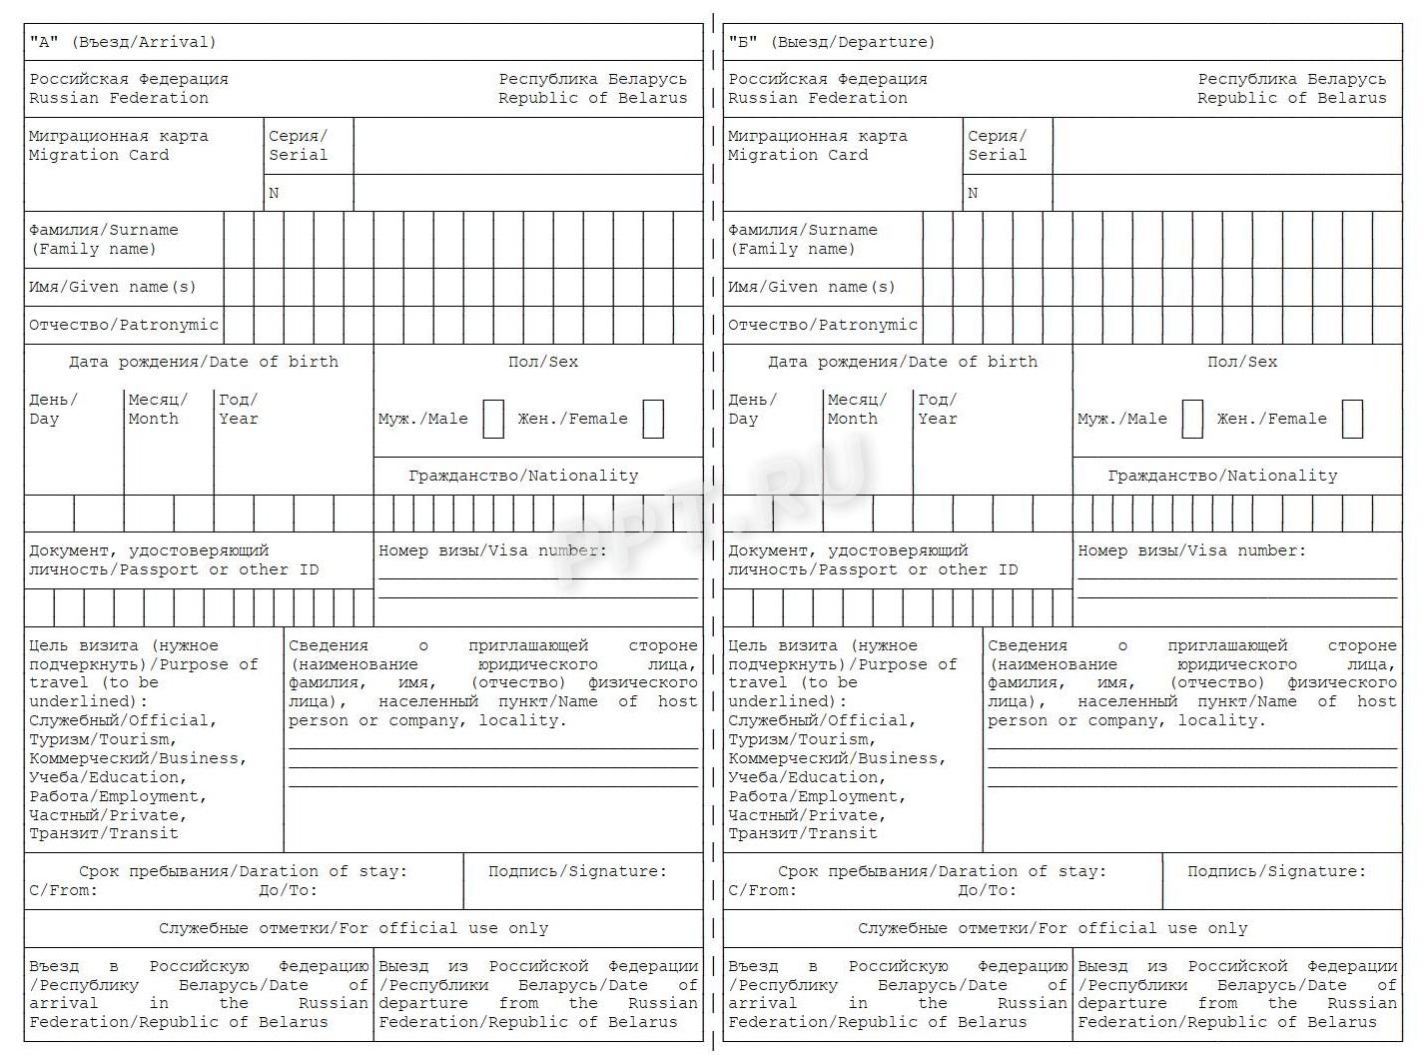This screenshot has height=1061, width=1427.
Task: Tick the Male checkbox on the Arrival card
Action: coord(493,419)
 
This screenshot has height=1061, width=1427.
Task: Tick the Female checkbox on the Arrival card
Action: coord(653,419)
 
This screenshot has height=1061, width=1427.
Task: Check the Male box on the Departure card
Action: coord(1192,419)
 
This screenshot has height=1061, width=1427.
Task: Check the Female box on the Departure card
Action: coord(1352,419)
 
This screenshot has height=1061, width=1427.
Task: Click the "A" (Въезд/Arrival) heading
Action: coord(123,42)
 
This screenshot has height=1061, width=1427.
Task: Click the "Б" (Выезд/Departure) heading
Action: coord(831,42)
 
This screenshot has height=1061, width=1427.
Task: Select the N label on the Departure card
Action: coord(973,193)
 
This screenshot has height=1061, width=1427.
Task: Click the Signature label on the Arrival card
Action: coord(577,871)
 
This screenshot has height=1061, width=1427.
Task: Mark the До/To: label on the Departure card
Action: coord(987,890)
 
